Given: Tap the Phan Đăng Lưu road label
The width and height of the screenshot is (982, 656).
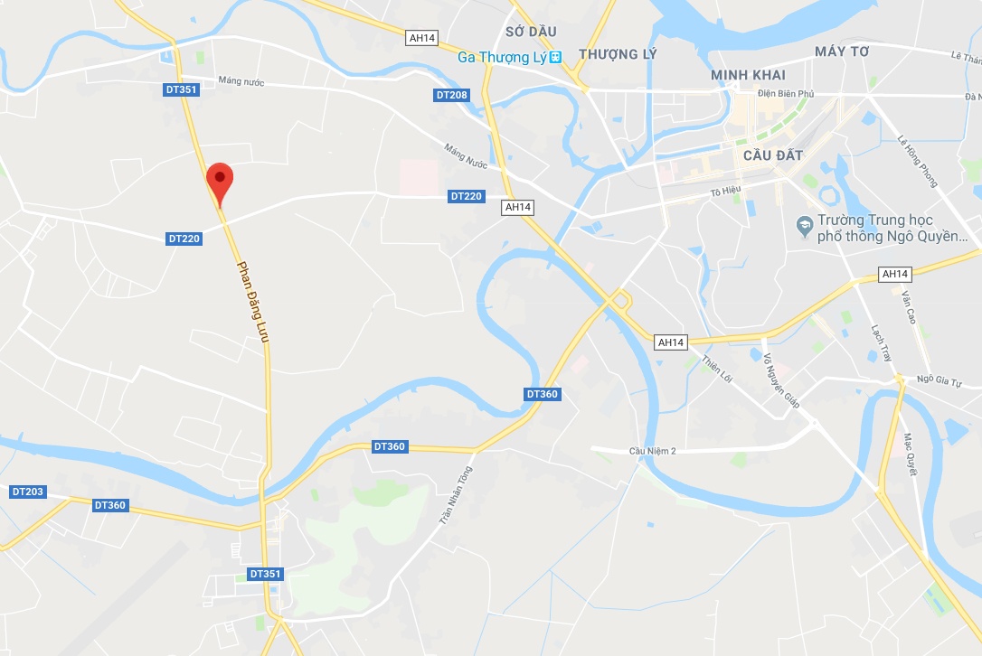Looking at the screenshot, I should pyautogui.click(x=255, y=302).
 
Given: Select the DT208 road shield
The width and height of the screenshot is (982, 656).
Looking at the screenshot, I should pyautogui.click(x=452, y=95).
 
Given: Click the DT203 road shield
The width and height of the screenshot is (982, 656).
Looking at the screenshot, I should pyautogui.click(x=27, y=492).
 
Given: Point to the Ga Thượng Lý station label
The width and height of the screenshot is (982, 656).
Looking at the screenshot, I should pyautogui.click(x=503, y=57).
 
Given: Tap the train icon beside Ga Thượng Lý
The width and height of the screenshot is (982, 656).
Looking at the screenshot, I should pyautogui.click(x=556, y=57).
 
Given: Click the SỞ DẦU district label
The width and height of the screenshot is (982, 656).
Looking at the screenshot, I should pyautogui.click(x=531, y=32).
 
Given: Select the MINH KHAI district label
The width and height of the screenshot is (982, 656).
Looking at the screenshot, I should pyautogui.click(x=748, y=75).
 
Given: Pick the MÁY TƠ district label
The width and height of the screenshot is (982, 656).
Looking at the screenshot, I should pyautogui.click(x=841, y=52).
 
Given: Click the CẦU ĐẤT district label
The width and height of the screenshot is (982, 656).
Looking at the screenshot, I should pyautogui.click(x=772, y=155).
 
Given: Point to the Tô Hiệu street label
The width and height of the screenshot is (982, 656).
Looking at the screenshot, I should pyautogui.click(x=725, y=192).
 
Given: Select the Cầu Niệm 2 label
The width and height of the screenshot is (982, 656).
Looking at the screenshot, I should pyautogui.click(x=653, y=451).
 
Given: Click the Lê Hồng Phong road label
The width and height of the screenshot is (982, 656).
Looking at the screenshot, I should pyautogui.click(x=917, y=162).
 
